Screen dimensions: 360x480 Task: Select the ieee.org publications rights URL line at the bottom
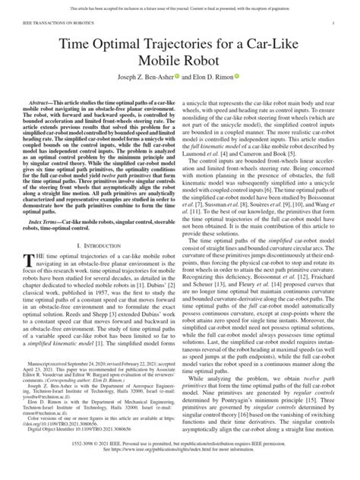179,469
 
